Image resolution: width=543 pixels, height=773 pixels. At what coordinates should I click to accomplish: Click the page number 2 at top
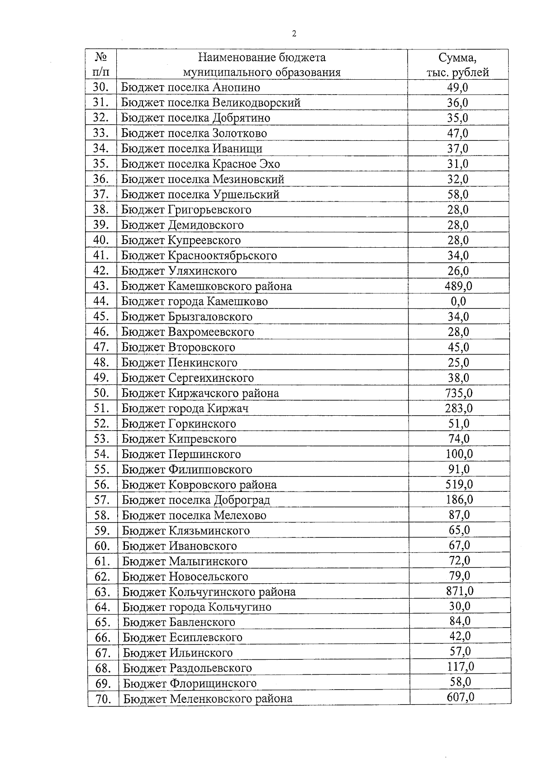(x=294, y=34)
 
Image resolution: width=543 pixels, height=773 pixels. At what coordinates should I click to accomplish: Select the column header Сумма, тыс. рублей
(x=457, y=65)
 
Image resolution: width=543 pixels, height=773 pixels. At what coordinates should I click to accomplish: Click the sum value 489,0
(x=458, y=286)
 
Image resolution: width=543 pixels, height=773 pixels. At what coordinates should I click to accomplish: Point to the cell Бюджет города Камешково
(x=195, y=301)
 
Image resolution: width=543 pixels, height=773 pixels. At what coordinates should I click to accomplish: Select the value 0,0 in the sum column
(x=458, y=301)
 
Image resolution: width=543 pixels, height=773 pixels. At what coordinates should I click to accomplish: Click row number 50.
(x=102, y=393)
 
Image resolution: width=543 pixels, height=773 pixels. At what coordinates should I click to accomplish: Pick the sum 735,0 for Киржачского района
(x=458, y=393)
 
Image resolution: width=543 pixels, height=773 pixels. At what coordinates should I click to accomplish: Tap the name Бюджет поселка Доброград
(x=196, y=500)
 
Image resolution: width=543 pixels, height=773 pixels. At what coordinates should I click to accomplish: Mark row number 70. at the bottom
(x=103, y=699)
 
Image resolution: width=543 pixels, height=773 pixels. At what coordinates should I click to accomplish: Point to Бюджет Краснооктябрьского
(x=199, y=255)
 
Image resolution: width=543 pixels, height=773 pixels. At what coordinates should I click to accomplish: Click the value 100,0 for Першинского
(x=459, y=454)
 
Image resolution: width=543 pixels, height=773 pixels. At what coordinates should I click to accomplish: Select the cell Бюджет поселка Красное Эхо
(x=200, y=164)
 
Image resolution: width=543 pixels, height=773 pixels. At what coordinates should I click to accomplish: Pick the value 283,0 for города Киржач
(x=458, y=408)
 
